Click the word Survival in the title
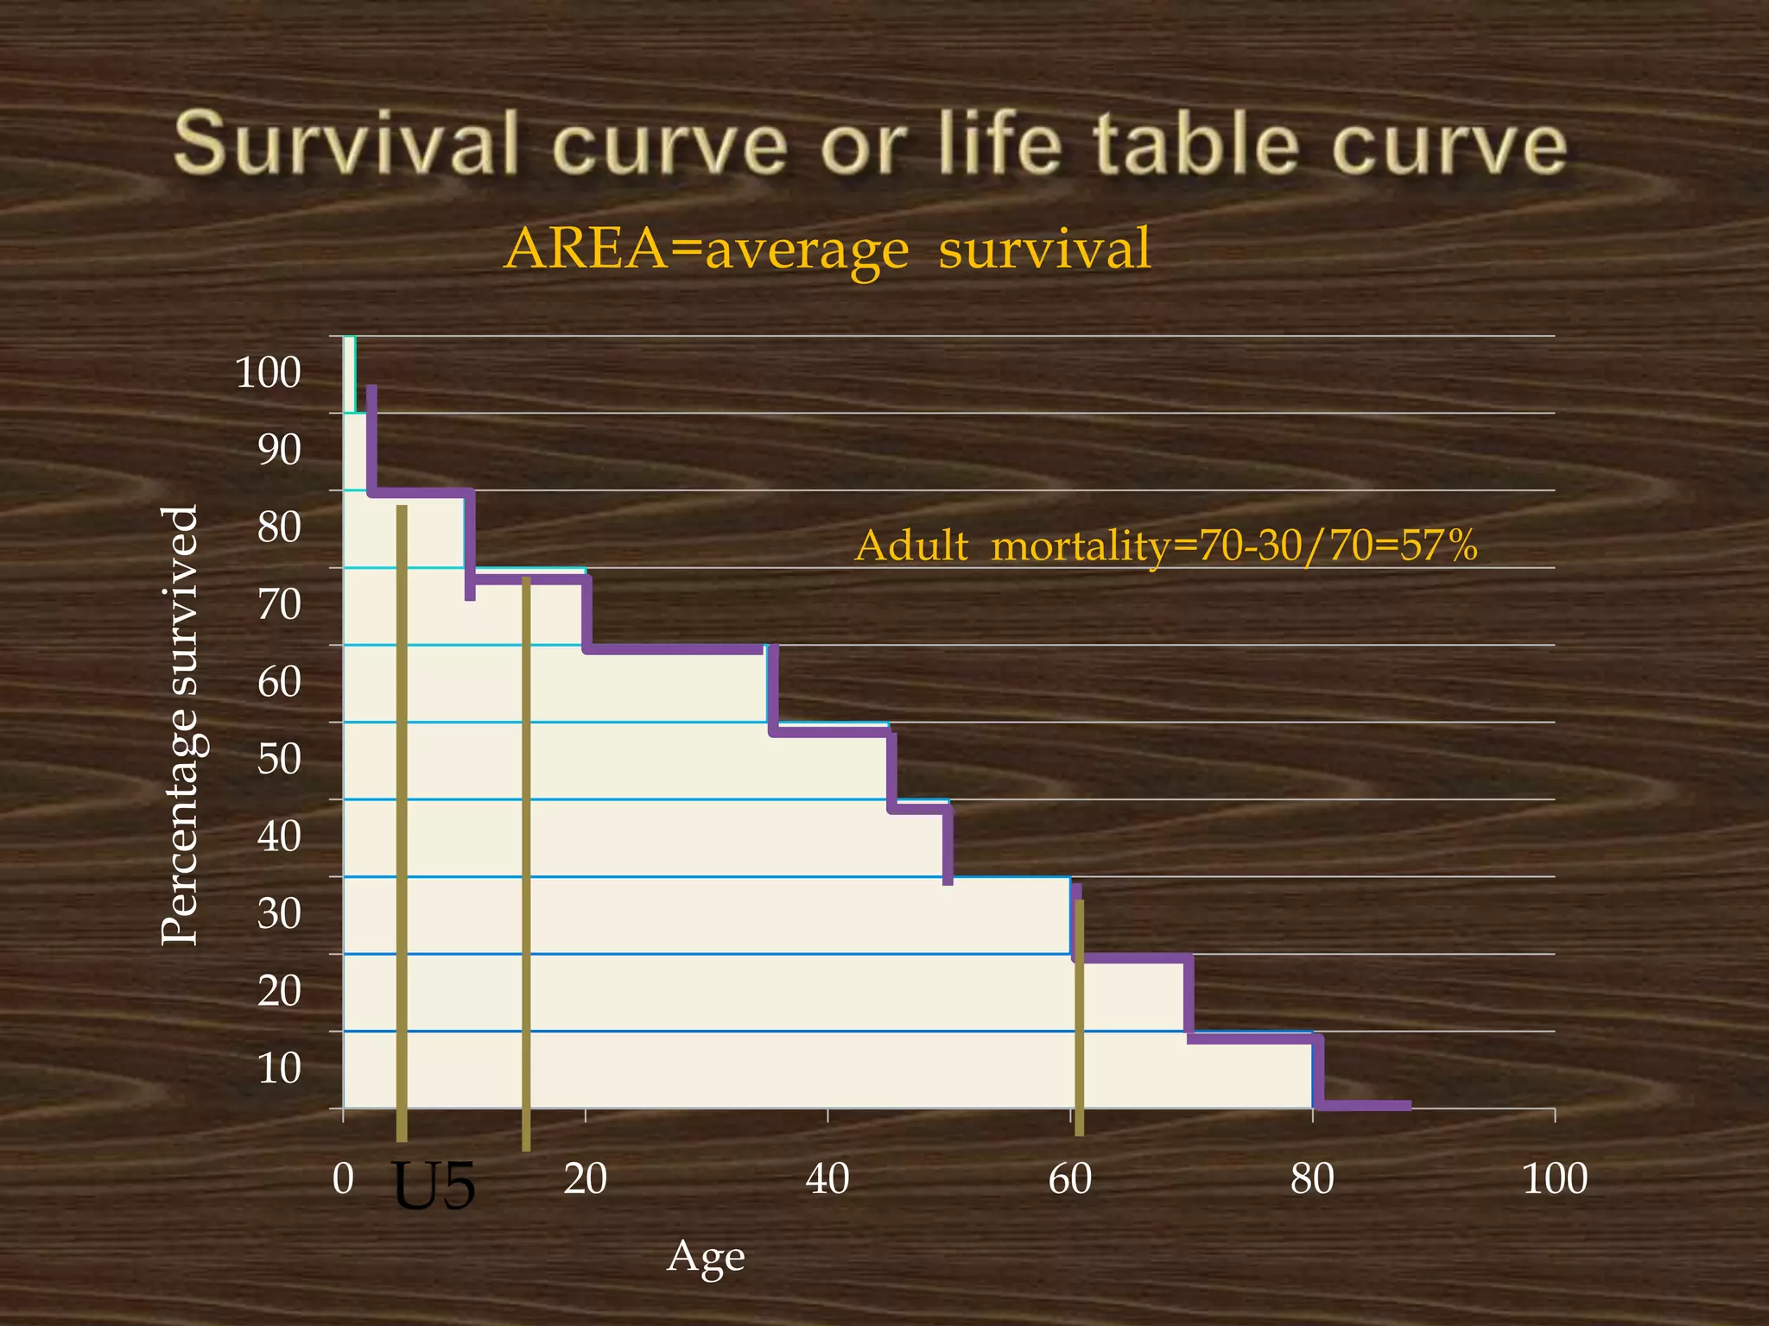pos(346,143)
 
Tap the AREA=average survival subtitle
pos(827,249)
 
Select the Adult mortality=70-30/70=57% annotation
pos(1166,546)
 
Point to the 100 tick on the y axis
pos(268,373)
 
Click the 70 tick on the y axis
pos(279,604)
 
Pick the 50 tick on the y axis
pos(279,759)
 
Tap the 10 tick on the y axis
pos(279,1068)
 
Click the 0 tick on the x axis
pos(343,1178)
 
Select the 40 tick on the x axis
pos(827,1178)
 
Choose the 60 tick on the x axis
pos(1070,1178)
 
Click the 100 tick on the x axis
pos(1555,1178)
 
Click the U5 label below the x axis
pos(434,1186)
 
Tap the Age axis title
pos(706,1257)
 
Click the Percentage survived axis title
pos(181,725)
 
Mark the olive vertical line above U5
pos(402,820)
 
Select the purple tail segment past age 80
pos(1365,1105)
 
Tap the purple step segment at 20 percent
pos(1132,958)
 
